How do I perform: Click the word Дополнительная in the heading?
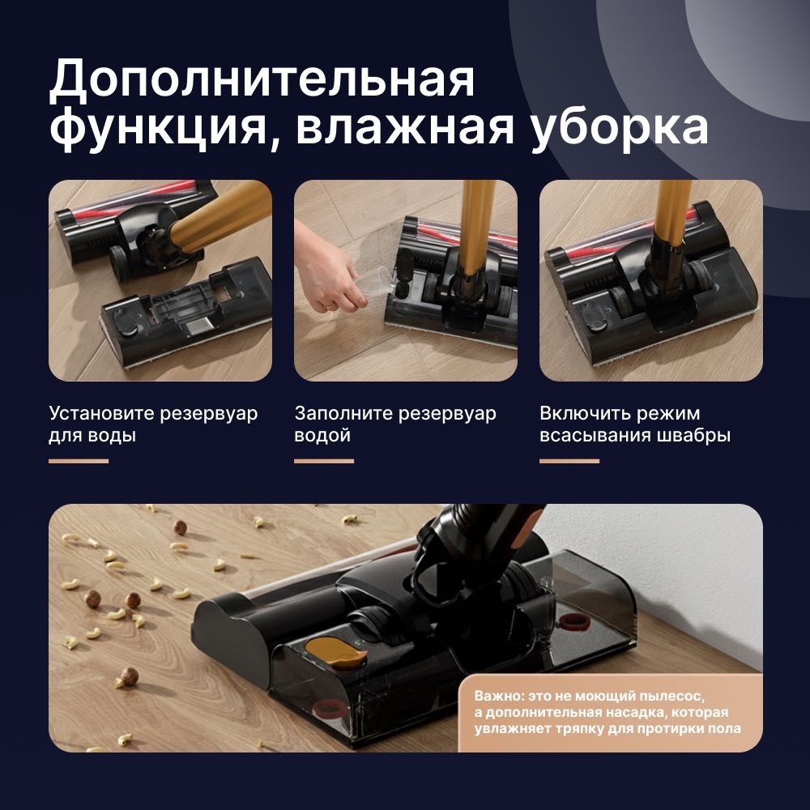262,79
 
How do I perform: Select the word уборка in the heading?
620,128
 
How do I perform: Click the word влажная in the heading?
405,128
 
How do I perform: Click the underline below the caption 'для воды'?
79,461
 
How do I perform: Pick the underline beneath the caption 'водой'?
324,461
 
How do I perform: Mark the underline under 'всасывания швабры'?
569,461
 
